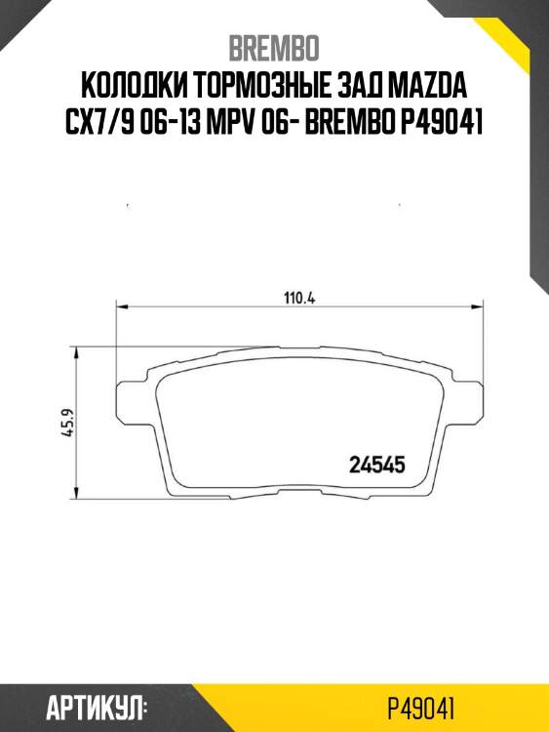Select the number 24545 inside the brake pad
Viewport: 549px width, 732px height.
[376, 466]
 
